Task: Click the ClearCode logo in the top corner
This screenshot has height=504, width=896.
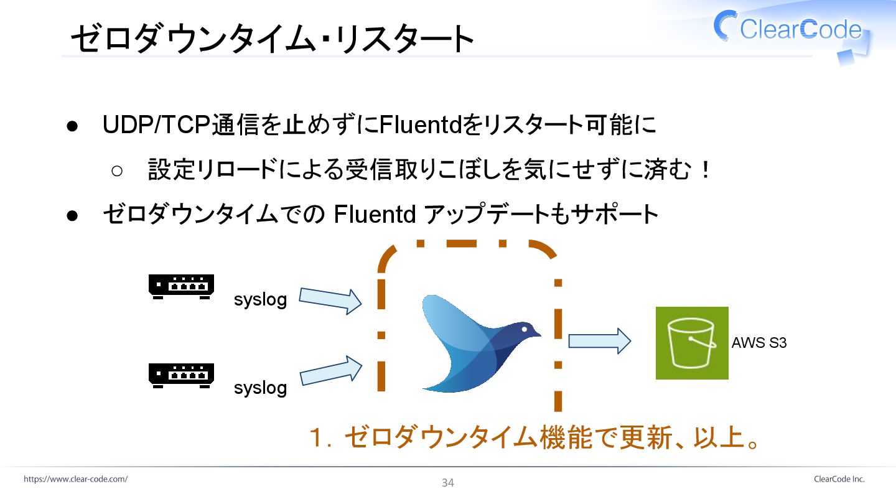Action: click(790, 29)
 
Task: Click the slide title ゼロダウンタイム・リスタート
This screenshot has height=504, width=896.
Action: click(272, 39)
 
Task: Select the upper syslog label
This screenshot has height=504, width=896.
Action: click(260, 300)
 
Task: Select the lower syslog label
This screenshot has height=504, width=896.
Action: click(260, 388)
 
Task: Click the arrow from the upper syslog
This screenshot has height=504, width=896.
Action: click(330, 300)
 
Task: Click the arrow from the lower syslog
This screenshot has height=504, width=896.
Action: click(330, 370)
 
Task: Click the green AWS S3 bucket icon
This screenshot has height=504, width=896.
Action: click(692, 343)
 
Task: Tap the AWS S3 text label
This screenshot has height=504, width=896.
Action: click(759, 342)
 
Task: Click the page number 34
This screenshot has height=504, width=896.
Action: click(448, 483)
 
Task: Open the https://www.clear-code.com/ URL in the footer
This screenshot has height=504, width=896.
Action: click(76, 479)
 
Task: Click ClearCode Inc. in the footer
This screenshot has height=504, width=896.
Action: click(839, 479)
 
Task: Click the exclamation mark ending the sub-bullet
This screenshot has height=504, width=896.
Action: click(705, 170)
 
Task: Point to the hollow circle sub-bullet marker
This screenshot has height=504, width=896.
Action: click(118, 170)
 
